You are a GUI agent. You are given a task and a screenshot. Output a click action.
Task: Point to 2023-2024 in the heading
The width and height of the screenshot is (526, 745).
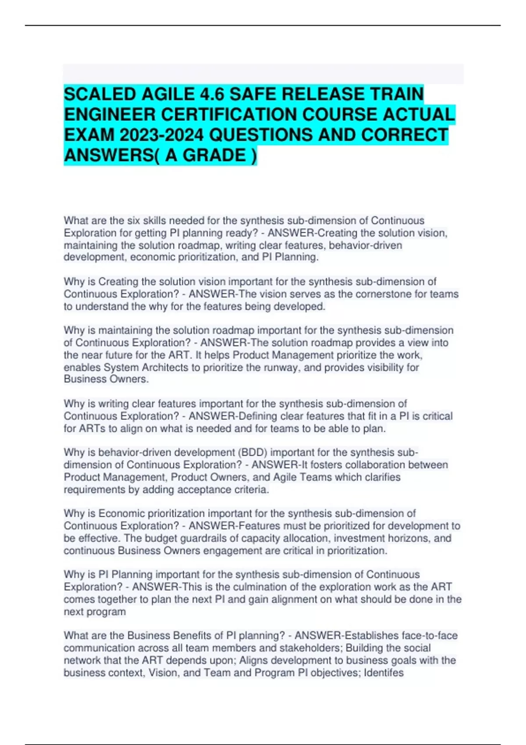coord(162,135)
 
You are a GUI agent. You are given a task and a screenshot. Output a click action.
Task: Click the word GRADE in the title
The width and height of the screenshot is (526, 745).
coord(214,155)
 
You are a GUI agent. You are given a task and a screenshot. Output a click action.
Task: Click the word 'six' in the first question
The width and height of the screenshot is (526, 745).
coord(134,220)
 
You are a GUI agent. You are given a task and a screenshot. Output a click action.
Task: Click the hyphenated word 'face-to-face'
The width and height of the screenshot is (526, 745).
coord(429,635)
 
